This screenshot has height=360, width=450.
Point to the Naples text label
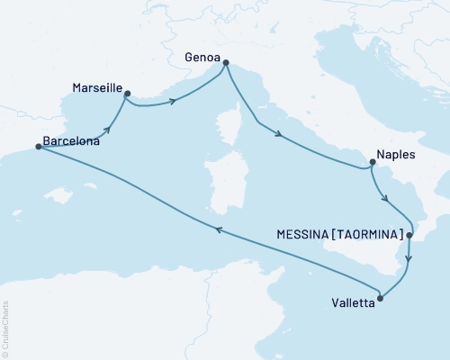pyautogui.click(x=396, y=154)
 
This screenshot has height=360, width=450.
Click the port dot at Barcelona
pyautogui.click(x=38, y=147)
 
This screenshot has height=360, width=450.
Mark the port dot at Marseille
pyautogui.click(x=127, y=93)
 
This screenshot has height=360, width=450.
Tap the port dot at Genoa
pyautogui.click(x=225, y=63)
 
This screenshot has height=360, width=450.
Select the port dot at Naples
pyautogui.click(x=370, y=164)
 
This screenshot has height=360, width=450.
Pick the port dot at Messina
pyautogui.click(x=409, y=236)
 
